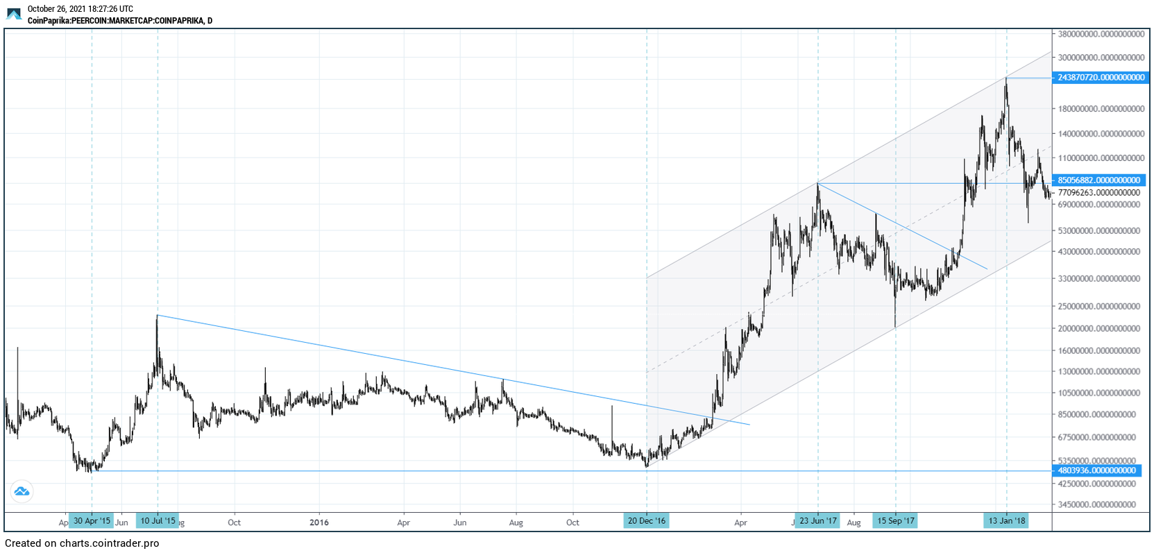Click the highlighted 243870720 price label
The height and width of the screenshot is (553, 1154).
pyautogui.click(x=1101, y=78)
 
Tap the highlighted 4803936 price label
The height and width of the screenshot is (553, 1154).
pyautogui.click(x=1096, y=470)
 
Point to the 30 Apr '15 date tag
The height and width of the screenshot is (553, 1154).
pyautogui.click(x=92, y=521)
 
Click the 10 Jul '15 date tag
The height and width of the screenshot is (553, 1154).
pyautogui.click(x=158, y=521)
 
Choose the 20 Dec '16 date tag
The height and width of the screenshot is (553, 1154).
pyautogui.click(x=647, y=521)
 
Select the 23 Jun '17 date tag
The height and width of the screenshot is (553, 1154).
pyautogui.click(x=818, y=521)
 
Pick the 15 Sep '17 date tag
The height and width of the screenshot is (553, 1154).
pyautogui.click(x=896, y=521)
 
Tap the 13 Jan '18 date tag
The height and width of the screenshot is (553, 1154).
pyautogui.click(x=1007, y=521)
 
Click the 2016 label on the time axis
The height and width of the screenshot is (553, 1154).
pyautogui.click(x=319, y=522)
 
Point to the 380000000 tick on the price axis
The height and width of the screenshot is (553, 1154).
pyautogui.click(x=1101, y=34)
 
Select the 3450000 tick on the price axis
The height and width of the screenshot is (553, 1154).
pyautogui.click(x=1101, y=504)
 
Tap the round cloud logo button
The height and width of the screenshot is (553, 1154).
pyautogui.click(x=22, y=492)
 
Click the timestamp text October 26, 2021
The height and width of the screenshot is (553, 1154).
pyautogui.click(x=80, y=9)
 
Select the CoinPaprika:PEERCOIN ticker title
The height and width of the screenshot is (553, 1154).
pyautogui.click(x=119, y=21)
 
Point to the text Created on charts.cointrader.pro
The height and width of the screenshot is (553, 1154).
pyautogui.click(x=82, y=543)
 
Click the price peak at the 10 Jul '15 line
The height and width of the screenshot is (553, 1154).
pyautogui.click(x=158, y=316)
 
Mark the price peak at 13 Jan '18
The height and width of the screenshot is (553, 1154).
pyautogui.click(x=1006, y=78)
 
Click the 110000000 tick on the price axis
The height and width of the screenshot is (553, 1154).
pyautogui.click(x=1101, y=158)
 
